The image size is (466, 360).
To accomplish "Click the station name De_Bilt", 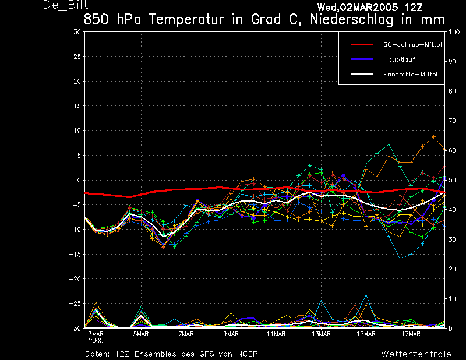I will [x=65, y=5].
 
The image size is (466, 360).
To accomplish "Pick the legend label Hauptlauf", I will [x=399, y=59].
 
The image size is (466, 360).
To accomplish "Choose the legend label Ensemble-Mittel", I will [x=410, y=75].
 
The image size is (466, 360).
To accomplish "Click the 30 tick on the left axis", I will [x=77, y=32].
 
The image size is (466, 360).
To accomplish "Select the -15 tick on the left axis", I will [x=75, y=254].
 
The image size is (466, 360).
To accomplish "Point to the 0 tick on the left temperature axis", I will [x=79, y=180].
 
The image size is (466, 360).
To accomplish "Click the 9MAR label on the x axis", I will [x=231, y=334].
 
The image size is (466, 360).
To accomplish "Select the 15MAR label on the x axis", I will [x=366, y=334].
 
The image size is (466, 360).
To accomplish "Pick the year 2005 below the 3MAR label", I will [x=96, y=341].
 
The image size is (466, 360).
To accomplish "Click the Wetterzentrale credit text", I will [x=416, y=354].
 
